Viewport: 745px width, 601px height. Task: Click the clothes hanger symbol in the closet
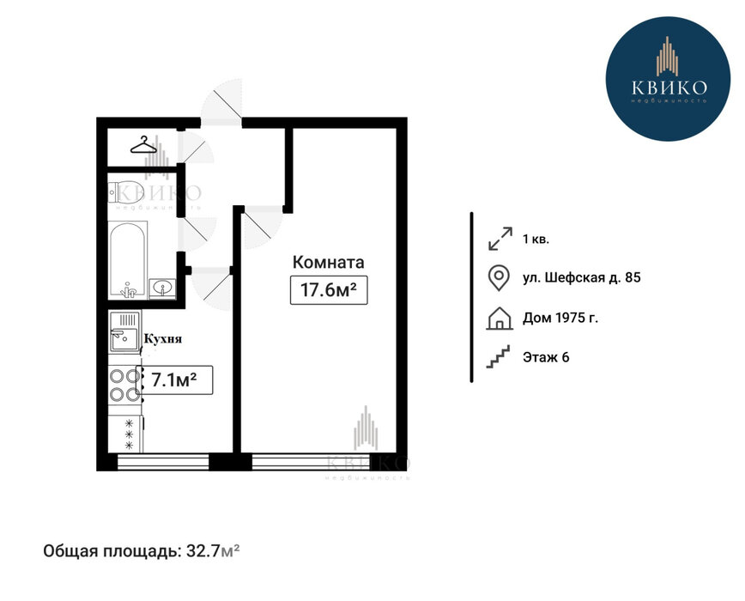(143, 145)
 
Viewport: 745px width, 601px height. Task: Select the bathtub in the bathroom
(128, 259)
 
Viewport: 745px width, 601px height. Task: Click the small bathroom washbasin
(162, 288)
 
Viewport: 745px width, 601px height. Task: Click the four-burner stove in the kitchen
(125, 385)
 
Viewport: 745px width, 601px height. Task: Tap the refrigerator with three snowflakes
(126, 434)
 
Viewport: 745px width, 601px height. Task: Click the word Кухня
(163, 339)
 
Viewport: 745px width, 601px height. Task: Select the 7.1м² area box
(175, 380)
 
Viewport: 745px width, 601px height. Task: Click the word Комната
(329, 262)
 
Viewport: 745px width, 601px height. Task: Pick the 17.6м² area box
(329, 289)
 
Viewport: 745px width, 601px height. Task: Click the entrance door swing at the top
(222, 101)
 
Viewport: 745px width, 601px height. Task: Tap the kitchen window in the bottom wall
(163, 462)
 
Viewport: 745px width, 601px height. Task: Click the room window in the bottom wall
(323, 462)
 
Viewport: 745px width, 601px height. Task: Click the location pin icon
(499, 278)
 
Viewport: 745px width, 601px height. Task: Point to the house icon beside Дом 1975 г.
(500, 318)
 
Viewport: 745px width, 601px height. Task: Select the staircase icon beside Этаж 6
(498, 357)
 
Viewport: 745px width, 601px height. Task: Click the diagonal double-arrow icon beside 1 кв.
(500, 239)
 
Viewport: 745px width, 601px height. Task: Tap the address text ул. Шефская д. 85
(582, 277)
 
